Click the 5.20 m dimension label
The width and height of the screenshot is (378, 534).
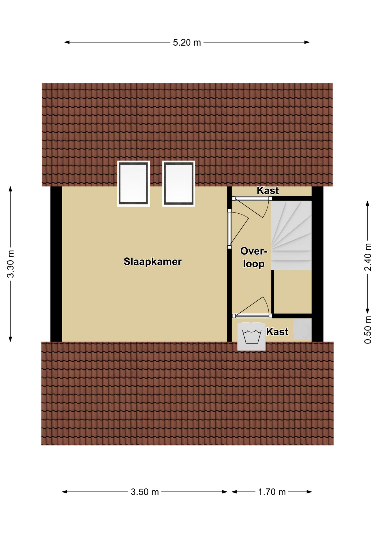[x=187, y=43]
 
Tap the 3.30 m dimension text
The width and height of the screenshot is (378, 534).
[x=11, y=264]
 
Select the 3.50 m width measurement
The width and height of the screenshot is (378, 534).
[x=145, y=492]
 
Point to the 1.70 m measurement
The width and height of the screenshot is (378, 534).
[x=272, y=492]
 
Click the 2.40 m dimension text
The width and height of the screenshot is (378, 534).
[x=368, y=257]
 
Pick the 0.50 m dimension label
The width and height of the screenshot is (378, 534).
[x=368, y=330]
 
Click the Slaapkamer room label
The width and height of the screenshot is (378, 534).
[x=153, y=262]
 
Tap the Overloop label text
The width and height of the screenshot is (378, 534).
[x=254, y=258]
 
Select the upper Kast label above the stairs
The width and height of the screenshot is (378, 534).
[x=267, y=191]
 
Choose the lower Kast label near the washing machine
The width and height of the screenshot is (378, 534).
[x=277, y=332]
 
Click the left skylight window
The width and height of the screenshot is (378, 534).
[x=134, y=184]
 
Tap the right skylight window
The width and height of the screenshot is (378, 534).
[x=178, y=184]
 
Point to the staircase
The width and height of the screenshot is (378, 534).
[x=291, y=235]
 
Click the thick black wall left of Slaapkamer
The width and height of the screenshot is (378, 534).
[x=56, y=264]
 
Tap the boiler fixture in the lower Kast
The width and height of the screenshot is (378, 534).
[x=303, y=329]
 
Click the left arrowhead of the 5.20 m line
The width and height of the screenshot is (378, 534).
[x=67, y=43]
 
